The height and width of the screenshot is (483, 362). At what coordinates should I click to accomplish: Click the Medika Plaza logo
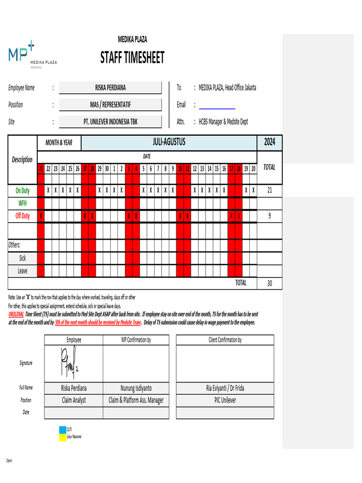pos(32,55)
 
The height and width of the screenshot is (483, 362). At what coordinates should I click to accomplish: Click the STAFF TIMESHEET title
pos(132,58)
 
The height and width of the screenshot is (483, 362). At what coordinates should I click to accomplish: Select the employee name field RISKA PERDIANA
pos(110,88)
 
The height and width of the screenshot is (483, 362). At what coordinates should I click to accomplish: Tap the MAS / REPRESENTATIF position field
pos(110,105)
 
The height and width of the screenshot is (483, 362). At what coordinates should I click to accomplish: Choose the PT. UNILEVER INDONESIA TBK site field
pos(110,122)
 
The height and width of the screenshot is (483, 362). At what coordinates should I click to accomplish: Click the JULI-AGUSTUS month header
pos(169,142)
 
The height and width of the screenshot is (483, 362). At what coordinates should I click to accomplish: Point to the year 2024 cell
pos(269,142)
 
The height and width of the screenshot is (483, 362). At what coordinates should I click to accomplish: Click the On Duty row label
pos(22,191)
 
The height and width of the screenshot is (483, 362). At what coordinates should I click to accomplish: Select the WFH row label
pos(22,203)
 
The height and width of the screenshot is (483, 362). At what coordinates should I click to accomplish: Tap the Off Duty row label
pos(22,216)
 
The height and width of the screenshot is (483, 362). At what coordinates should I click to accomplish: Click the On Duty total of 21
pos(269,191)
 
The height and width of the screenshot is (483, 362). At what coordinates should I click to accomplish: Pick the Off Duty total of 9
pos(269,216)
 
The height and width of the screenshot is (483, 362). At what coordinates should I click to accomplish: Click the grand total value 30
pos(269,283)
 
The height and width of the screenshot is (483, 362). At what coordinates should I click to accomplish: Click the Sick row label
pos(22,258)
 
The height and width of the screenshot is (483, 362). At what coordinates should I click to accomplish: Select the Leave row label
pos(22,271)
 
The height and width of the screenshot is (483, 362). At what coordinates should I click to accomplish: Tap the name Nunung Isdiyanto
pos(136,388)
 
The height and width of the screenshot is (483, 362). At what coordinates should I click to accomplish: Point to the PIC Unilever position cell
pos(225,400)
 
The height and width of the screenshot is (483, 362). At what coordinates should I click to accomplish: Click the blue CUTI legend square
pos(62,430)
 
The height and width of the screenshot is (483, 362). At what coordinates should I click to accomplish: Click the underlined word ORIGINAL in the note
pos(16,314)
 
